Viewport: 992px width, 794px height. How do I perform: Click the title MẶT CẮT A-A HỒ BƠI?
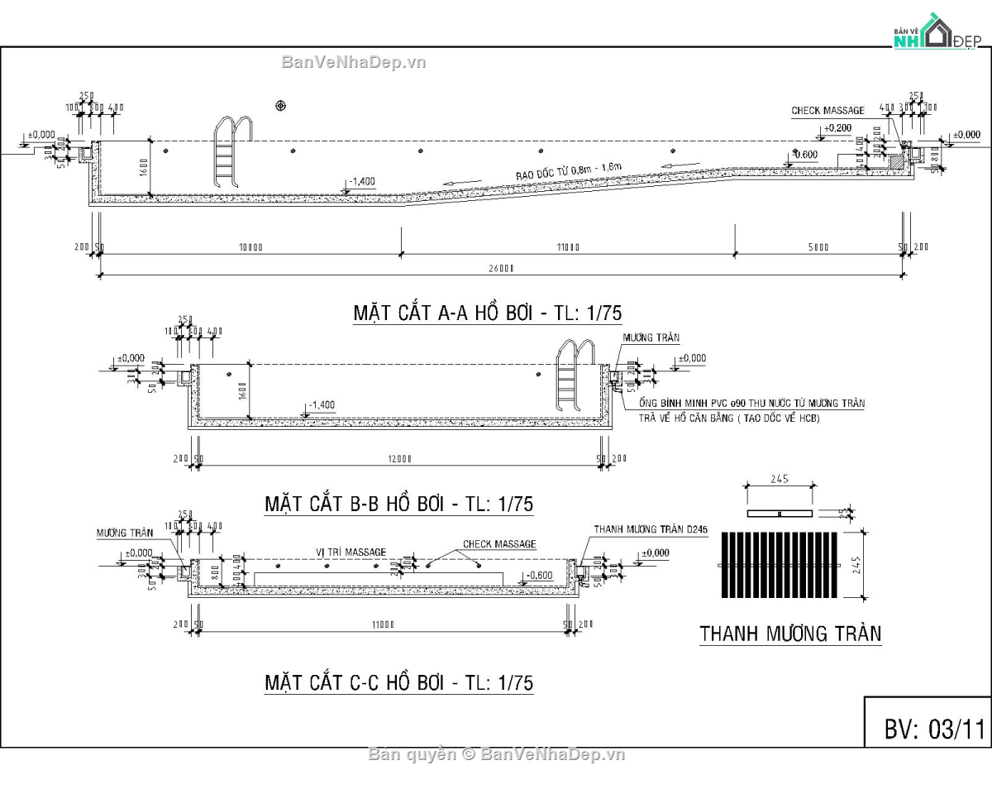(x=487, y=313)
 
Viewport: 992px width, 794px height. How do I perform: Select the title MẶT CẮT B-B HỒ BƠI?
(x=398, y=504)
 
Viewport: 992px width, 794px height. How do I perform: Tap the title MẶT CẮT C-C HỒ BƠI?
(x=398, y=682)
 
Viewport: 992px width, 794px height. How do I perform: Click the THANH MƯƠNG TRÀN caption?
(x=790, y=634)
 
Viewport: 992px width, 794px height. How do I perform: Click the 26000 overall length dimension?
(x=501, y=268)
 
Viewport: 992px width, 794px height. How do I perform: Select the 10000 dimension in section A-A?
(x=250, y=247)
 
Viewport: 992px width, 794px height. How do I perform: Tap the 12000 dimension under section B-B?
(x=401, y=458)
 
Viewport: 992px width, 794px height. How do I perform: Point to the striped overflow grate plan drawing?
(x=781, y=565)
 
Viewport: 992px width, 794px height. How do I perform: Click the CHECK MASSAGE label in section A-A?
(x=827, y=111)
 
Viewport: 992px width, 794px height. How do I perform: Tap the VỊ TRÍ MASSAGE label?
(x=351, y=552)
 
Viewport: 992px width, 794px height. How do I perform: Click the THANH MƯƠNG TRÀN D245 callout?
(x=651, y=529)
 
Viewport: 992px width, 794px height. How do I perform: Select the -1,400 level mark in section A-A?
(x=362, y=181)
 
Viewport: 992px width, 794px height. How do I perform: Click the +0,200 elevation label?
(x=837, y=128)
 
